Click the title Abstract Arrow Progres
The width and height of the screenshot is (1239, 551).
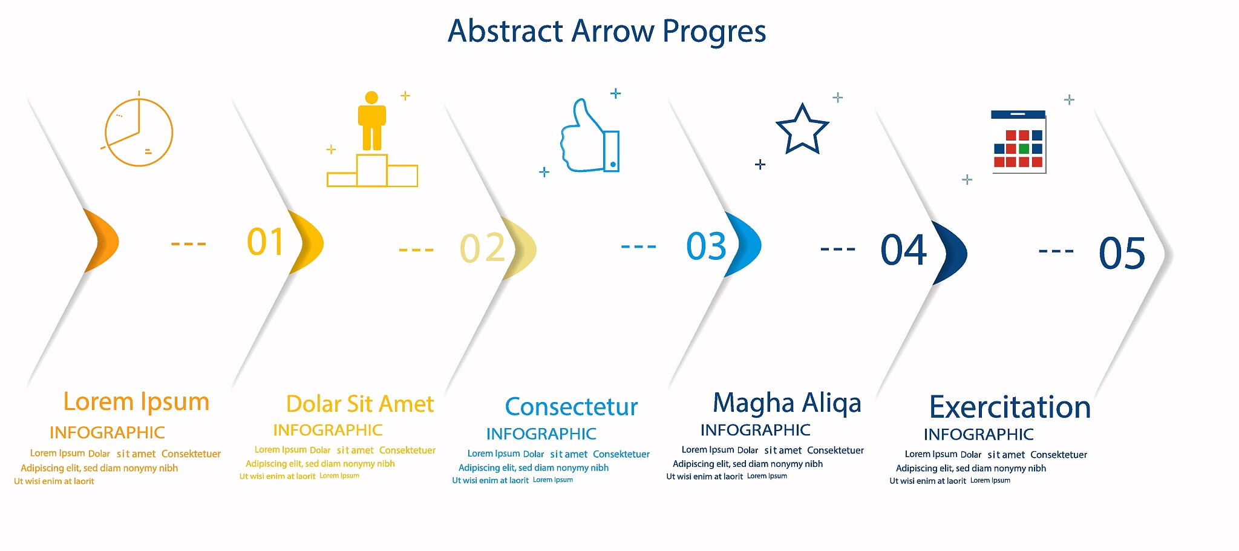[607, 31]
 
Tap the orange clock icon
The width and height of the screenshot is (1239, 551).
[139, 131]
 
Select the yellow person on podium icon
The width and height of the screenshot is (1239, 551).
[372, 139]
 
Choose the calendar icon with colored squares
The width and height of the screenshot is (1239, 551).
[1019, 142]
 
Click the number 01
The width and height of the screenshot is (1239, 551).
[266, 242]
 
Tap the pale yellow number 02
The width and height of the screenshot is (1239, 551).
[482, 248]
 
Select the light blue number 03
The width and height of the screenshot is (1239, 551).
[706, 246]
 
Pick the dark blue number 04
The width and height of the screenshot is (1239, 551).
[904, 249]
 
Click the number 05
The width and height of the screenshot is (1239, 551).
[1122, 253]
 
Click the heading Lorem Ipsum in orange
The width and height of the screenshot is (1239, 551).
[136, 402]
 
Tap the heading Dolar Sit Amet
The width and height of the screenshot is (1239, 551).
[360, 404]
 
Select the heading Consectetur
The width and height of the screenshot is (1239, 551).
[571, 407]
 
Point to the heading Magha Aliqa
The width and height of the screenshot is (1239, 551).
[786, 403]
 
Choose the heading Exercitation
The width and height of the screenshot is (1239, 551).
[1010, 407]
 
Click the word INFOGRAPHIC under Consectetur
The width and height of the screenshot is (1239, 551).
[541, 434]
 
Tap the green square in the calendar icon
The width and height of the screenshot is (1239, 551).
[1024, 149]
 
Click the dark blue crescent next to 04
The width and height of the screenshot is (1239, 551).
[951, 253]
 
